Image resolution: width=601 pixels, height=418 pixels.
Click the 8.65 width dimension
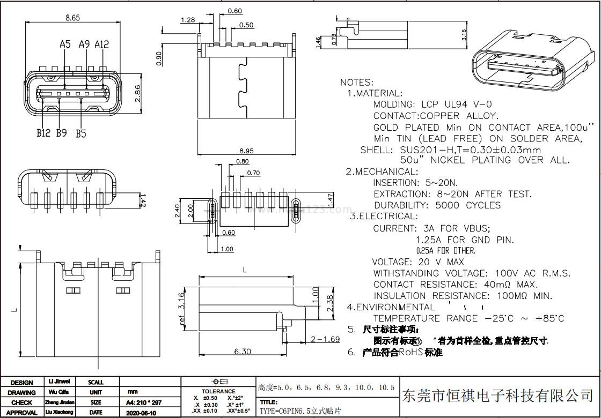pyautogui.click(x=72, y=18)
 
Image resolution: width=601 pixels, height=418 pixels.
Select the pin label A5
pyautogui.click(x=65, y=44)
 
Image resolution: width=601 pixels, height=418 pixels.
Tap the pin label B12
pyautogui.click(x=44, y=133)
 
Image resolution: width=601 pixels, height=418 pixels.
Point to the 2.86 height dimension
pyautogui.click(x=137, y=93)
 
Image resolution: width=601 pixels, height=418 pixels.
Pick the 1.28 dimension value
pyautogui.click(x=188, y=20)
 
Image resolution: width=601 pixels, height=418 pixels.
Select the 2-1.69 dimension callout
pyautogui.click(x=325, y=339)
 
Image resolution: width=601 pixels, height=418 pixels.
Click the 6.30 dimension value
pyautogui.click(x=243, y=352)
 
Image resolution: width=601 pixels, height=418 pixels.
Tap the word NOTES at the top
pyautogui.click(x=356, y=83)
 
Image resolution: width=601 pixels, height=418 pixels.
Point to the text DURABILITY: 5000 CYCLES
pyautogui.click(x=437, y=205)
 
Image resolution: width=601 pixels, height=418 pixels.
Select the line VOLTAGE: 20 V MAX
pyautogui.click(x=418, y=262)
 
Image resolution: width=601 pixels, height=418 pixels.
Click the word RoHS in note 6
pyautogui.click(x=411, y=352)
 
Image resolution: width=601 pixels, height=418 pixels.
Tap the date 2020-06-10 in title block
pyautogui.click(x=141, y=413)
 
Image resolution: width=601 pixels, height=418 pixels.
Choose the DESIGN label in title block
pyautogui.click(x=21, y=383)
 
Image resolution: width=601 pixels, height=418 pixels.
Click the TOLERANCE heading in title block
pyautogui.click(x=218, y=391)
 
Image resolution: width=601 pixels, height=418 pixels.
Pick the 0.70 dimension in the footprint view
pyautogui.click(x=253, y=173)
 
